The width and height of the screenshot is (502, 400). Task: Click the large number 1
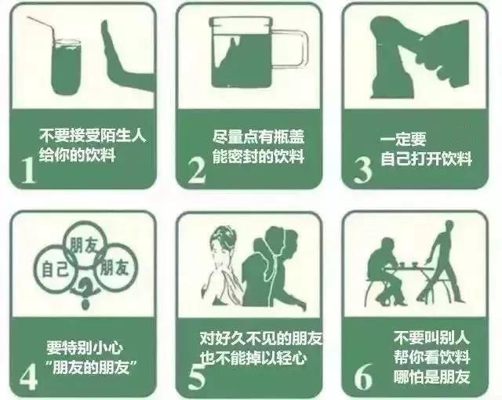[29, 168]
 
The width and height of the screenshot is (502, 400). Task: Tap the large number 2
[196, 168]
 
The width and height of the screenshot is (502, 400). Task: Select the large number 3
[362, 168]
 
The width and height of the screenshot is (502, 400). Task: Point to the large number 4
[29, 376]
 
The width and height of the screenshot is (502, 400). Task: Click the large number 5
[196, 376]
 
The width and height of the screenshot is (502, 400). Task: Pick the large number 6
[362, 376]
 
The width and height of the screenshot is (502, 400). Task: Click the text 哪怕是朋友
[431, 376]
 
